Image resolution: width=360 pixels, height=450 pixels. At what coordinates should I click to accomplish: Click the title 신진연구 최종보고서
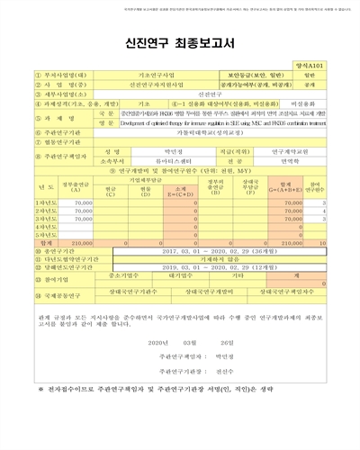click(x=179, y=40)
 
